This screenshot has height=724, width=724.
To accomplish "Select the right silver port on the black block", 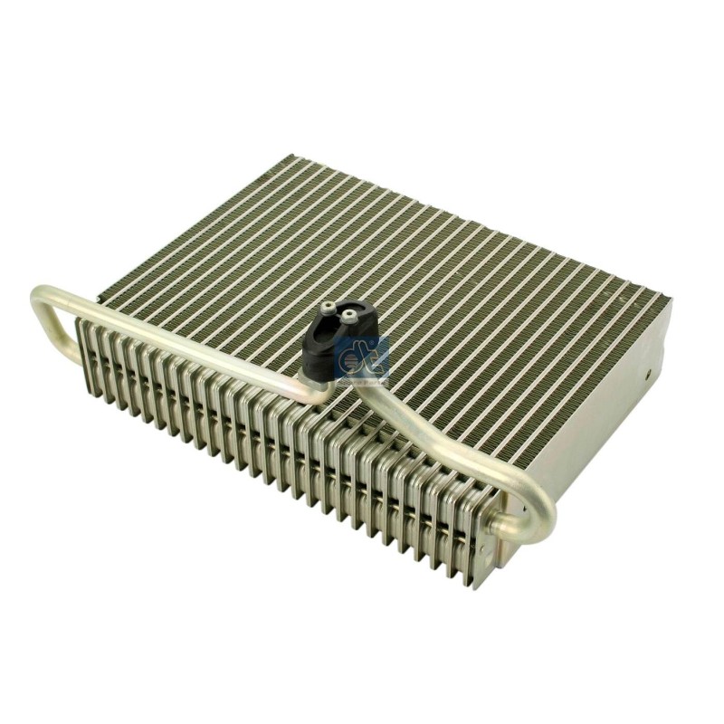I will point(347,317).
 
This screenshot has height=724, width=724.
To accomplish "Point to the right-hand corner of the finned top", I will point(668,298).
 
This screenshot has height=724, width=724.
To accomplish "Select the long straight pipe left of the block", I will point(181,339).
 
